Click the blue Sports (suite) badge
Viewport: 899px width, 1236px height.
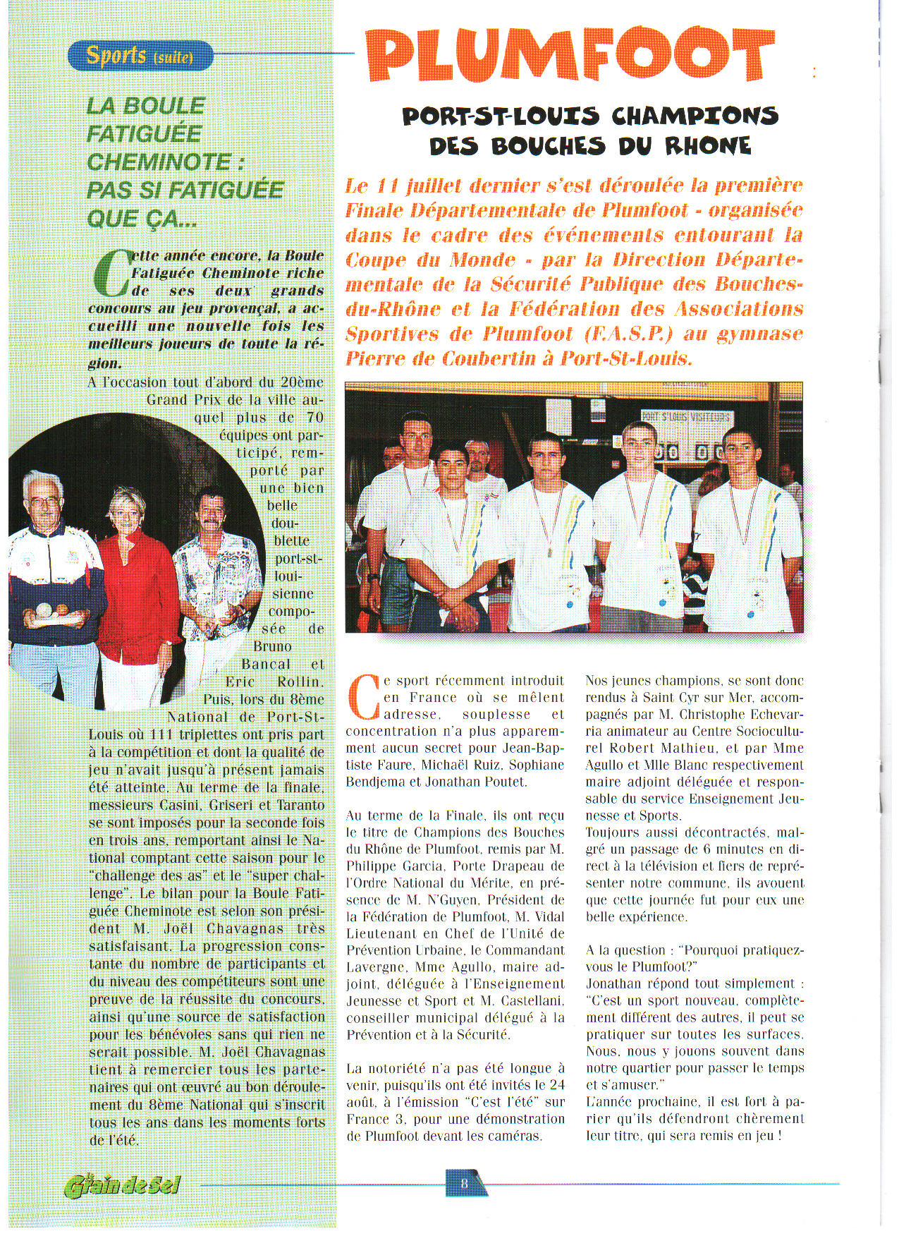point(140,55)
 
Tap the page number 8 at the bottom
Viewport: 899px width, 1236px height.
point(464,1183)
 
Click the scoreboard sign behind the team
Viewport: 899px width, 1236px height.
point(685,417)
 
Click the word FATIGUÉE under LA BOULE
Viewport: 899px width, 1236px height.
point(144,134)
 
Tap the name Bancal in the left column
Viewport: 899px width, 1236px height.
point(266,665)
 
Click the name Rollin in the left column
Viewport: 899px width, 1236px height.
point(299,682)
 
